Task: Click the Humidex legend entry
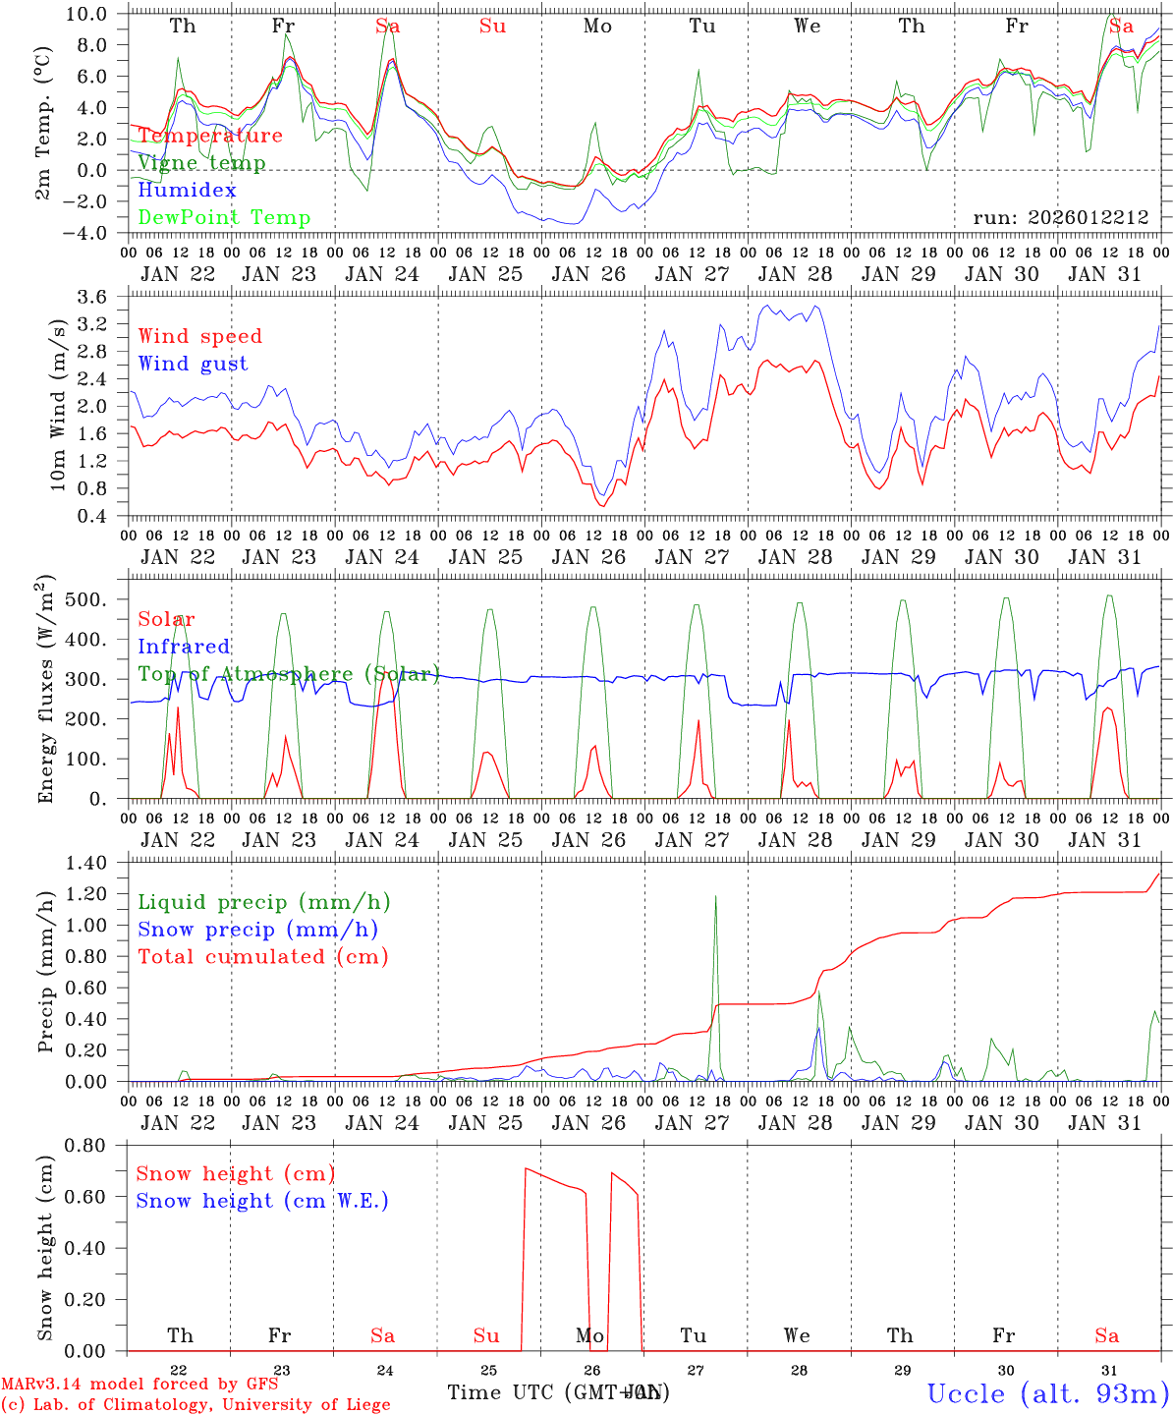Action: [187, 190]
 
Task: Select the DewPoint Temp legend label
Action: [224, 217]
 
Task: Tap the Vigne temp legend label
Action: [201, 163]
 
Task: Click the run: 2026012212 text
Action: [1060, 217]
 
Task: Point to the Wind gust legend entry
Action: [193, 364]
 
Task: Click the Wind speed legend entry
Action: [199, 336]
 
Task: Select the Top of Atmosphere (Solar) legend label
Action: [288, 674]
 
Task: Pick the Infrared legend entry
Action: [184, 647]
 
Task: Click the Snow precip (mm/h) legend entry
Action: [257, 930]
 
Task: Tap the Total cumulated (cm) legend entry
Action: [262, 957]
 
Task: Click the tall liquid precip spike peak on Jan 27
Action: [715, 895]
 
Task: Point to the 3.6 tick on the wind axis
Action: [101, 296]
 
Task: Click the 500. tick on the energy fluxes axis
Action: [97, 599]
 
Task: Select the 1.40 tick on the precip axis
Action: [97, 863]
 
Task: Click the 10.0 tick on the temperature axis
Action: [97, 14]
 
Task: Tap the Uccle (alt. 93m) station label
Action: [1047, 1393]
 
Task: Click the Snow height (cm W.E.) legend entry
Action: [261, 1201]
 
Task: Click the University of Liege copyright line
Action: [196, 1404]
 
